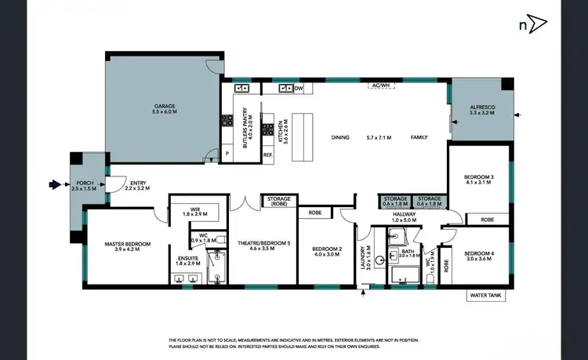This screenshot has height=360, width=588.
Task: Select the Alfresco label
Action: [481, 111]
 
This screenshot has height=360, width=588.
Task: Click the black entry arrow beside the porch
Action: [55, 185]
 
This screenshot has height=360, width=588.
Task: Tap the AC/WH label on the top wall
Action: [380, 85]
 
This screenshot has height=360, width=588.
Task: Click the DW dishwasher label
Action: [299, 89]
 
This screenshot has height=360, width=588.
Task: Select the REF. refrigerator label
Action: [267, 155]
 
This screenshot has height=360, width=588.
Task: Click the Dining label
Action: [340, 138]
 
